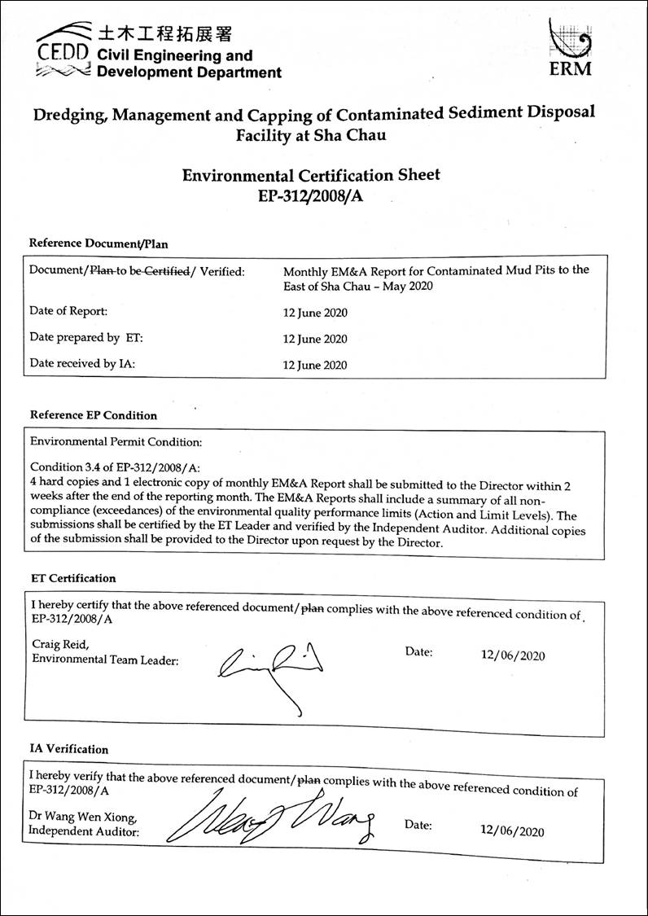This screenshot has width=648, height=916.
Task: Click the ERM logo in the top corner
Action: (571, 48)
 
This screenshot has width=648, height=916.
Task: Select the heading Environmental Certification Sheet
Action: (312, 174)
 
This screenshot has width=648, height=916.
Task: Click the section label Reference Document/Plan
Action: (99, 243)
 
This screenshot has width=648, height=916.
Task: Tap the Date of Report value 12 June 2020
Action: (315, 313)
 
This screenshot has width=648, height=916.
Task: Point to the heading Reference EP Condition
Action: (94, 415)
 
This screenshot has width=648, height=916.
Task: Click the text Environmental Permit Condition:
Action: (116, 442)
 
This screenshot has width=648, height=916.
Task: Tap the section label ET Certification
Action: (73, 578)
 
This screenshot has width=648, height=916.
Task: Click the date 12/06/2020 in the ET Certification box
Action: (513, 655)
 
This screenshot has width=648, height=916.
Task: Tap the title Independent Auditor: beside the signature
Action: (83, 831)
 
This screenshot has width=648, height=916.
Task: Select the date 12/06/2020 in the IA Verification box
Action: (512, 831)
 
